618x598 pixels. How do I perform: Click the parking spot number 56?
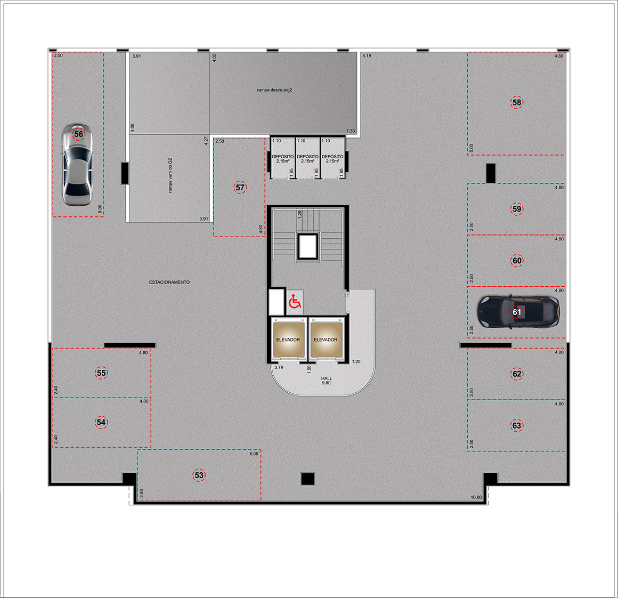79,134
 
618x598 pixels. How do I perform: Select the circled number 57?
240,187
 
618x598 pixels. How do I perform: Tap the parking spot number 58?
517,102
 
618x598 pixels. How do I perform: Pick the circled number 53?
199,475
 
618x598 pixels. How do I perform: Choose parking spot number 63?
517,425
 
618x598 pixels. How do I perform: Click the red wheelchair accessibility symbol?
295,302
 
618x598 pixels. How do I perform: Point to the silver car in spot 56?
77,165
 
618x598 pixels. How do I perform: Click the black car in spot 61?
518,312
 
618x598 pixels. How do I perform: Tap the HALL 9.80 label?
327,381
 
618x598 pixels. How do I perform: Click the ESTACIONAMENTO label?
169,282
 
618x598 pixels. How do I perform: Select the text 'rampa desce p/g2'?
274,90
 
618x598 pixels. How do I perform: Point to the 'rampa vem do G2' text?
170,175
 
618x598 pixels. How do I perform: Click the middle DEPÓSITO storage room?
307,158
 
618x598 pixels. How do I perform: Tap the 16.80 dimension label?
476,497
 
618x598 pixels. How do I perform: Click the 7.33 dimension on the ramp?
351,131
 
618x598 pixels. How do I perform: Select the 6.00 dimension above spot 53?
254,454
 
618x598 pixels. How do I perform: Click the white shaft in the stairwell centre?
307,246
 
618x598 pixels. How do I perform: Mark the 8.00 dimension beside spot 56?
100,209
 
